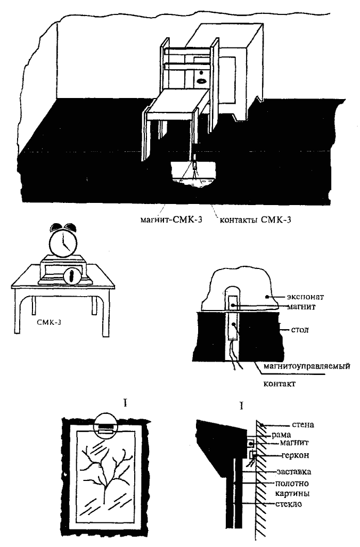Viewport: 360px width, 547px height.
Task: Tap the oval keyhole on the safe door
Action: (202, 81)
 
